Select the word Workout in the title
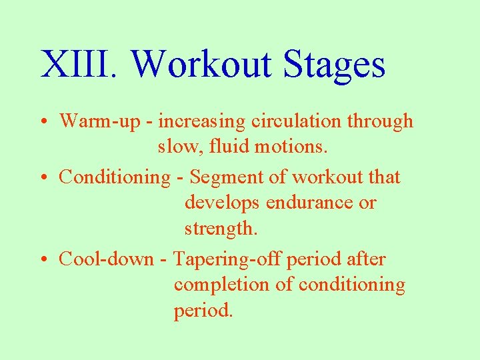[x=202, y=65]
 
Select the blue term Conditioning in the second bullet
[x=115, y=177]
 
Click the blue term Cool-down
[x=106, y=259]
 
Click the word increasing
[x=201, y=121]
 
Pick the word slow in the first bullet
[x=176, y=146]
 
